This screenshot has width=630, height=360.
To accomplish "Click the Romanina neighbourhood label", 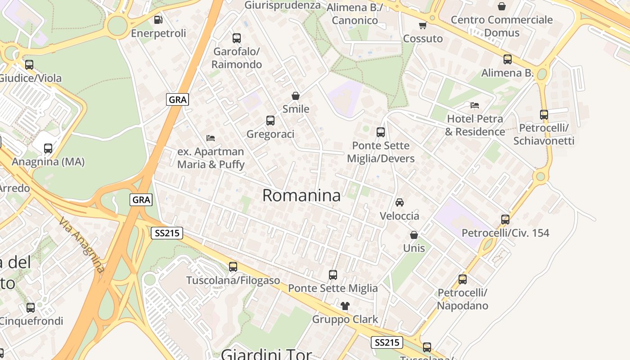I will click(301, 195).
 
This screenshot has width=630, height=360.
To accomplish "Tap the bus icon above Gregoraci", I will click(270, 121).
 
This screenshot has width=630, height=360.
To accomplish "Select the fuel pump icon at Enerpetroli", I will click(158, 20).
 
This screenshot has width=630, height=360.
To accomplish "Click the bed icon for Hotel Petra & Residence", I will click(475, 105).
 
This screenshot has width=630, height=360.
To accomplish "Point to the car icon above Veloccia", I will click(400, 202).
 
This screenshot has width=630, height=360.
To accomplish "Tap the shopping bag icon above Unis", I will click(414, 235).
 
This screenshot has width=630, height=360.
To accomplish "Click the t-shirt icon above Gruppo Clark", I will click(345, 306).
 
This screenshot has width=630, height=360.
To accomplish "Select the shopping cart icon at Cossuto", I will click(423, 26).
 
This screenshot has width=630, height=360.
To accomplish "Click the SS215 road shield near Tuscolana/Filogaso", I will click(166, 233).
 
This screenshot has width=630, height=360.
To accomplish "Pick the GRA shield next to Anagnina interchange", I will click(141, 199).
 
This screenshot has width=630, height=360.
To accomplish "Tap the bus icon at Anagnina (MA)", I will click(48, 148).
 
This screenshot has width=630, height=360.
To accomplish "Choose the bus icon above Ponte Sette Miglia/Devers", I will click(381, 132).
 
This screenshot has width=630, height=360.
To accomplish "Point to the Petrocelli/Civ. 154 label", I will click(505, 233).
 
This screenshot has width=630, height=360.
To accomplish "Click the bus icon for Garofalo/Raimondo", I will click(237, 38).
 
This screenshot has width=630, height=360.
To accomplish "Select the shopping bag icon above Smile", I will click(296, 96).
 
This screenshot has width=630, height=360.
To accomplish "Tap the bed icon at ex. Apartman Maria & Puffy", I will click(211, 138).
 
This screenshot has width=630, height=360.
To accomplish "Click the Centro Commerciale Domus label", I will click(502, 26).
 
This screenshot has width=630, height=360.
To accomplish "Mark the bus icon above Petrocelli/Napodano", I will click(463, 279).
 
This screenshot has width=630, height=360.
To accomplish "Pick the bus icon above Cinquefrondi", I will click(31, 308).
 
